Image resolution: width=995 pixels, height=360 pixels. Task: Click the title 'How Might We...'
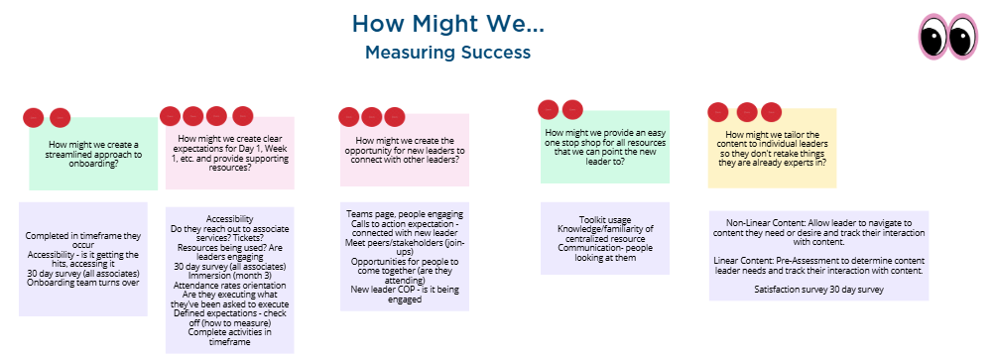tap(447, 23)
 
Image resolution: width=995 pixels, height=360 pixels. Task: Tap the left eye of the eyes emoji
tap(934, 38)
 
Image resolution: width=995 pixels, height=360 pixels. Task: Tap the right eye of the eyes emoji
tap(962, 38)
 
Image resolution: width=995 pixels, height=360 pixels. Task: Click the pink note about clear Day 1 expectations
tap(229, 153)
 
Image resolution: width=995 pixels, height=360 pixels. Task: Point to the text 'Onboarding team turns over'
tap(82, 282)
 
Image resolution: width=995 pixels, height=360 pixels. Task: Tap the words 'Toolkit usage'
tap(605, 219)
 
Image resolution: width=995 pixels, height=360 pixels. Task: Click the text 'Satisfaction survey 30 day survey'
tap(819, 289)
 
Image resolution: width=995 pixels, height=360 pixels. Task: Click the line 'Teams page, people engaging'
tap(404, 214)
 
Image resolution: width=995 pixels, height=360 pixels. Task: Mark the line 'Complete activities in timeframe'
tap(229, 336)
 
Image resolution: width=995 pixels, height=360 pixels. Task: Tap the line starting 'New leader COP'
tap(404, 289)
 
